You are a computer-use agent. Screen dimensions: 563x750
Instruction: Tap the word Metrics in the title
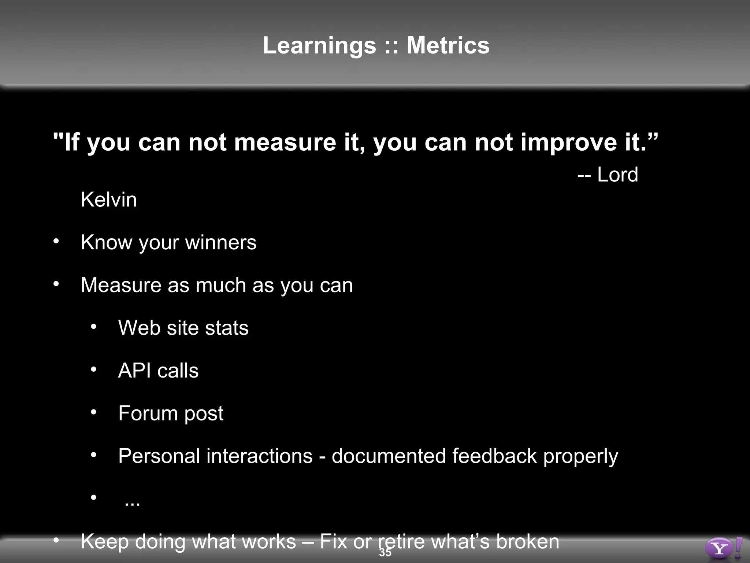(448, 45)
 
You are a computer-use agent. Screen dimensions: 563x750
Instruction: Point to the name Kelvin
(109, 200)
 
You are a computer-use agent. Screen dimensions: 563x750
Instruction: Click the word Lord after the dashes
(617, 174)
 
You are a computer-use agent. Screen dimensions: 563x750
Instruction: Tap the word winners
(221, 242)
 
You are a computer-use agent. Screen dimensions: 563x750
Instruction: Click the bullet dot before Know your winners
(56, 241)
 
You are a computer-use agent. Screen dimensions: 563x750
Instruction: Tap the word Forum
(148, 413)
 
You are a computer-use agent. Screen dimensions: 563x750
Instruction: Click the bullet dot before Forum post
(94, 412)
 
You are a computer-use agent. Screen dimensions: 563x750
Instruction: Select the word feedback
(494, 456)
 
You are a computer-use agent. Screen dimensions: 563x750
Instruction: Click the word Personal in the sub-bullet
(160, 456)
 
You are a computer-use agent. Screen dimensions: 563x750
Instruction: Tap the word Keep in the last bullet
(104, 541)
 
